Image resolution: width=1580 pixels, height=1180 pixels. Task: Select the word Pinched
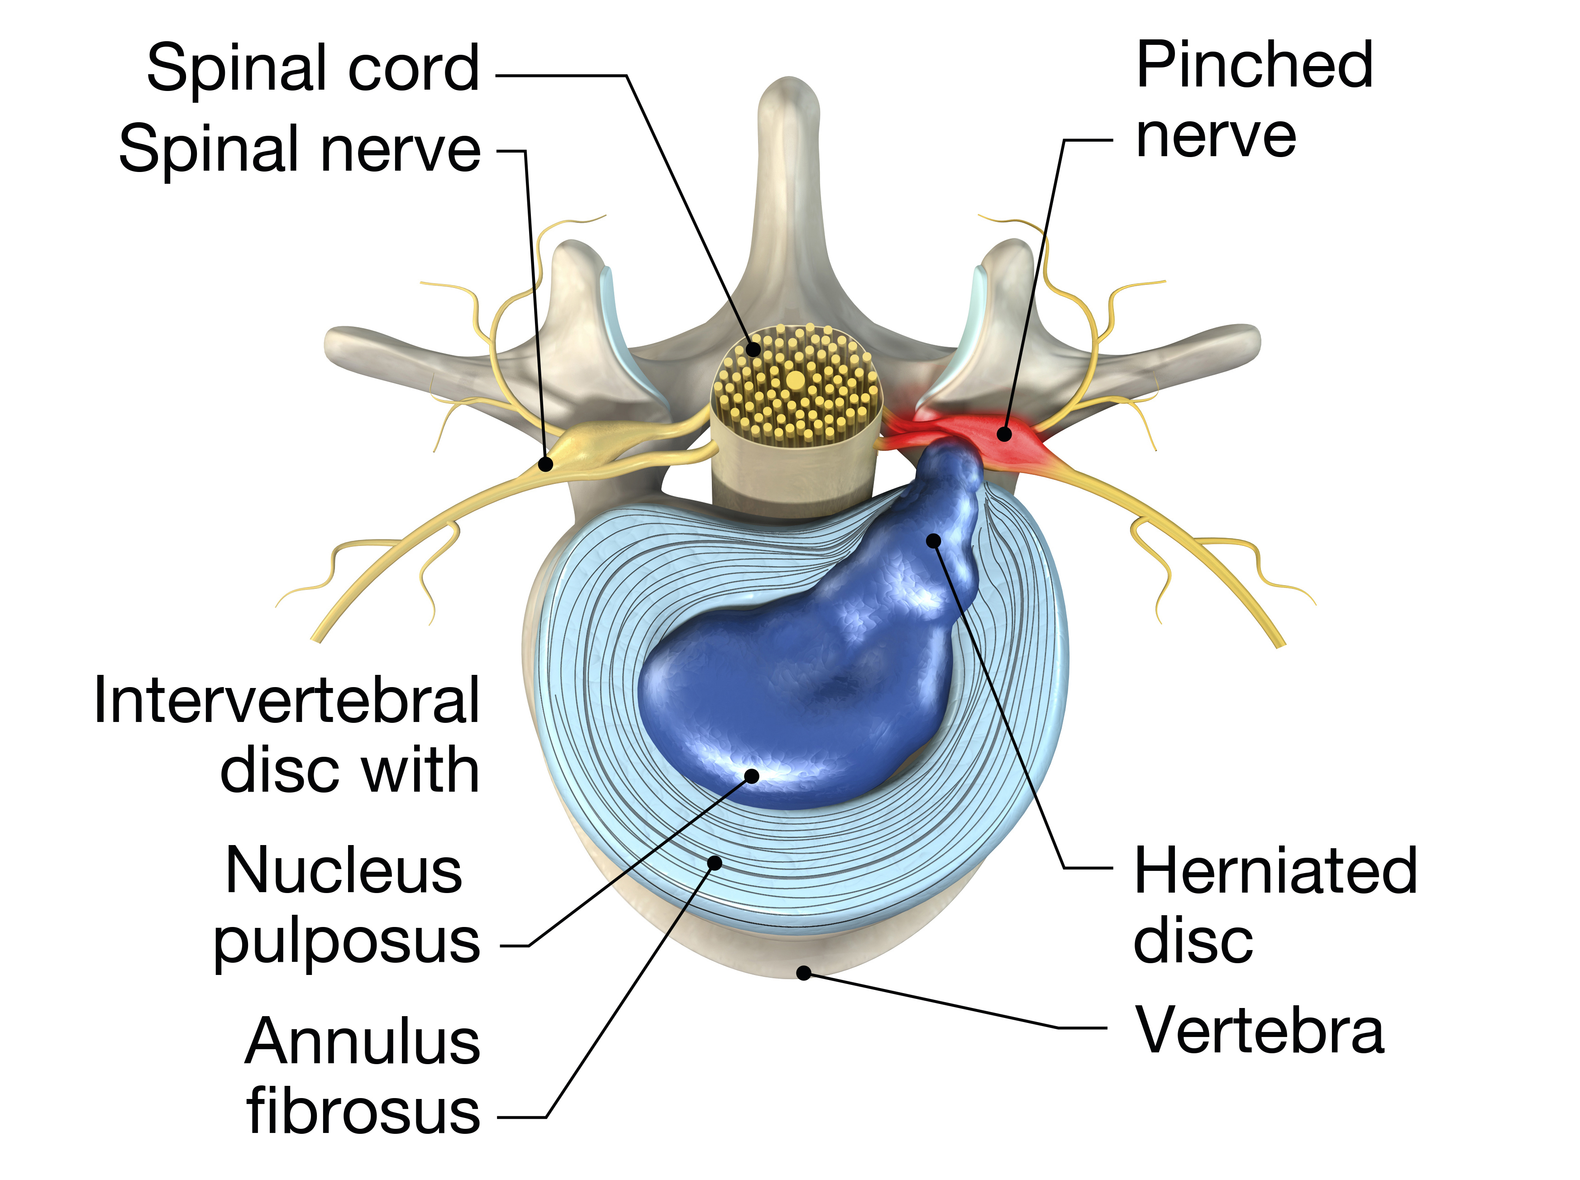[1254, 66]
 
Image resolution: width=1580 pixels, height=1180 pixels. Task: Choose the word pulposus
[346, 943]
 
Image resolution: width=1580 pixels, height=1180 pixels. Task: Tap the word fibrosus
[363, 1112]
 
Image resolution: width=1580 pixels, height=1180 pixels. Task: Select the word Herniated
[1275, 871]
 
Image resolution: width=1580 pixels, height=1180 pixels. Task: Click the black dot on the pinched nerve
[1004, 434]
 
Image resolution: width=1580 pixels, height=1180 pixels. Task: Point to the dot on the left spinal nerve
[546, 465]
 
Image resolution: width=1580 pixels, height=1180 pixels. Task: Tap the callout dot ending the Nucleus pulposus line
[752, 776]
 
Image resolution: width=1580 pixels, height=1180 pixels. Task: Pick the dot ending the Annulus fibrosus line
[714, 863]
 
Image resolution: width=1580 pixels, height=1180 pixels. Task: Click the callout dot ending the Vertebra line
[803, 973]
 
